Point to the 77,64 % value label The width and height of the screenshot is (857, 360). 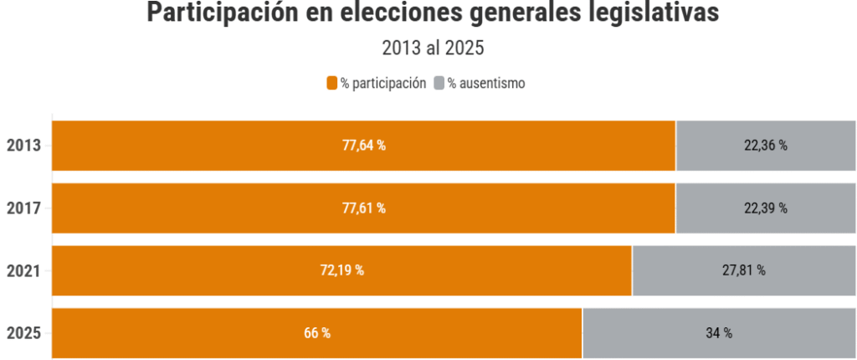coord(364,146)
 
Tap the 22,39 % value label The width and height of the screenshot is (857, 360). coord(766,208)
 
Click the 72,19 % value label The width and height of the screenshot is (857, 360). coord(342,270)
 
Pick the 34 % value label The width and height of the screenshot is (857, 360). coord(719,333)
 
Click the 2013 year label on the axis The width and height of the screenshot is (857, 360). coord(24,146)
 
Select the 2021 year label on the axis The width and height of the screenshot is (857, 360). coord(24,270)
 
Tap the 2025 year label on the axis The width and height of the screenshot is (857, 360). coord(24,333)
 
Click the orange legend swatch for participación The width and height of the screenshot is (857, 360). coord(331,83)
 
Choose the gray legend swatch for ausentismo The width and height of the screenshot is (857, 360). coord(439,83)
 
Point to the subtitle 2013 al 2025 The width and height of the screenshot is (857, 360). coord(434,49)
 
